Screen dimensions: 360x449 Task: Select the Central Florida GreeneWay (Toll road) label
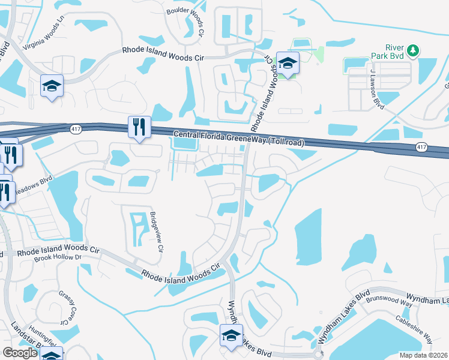239,139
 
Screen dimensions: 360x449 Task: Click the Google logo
19,353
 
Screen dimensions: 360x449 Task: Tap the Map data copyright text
424,355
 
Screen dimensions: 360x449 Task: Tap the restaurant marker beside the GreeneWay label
139,127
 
